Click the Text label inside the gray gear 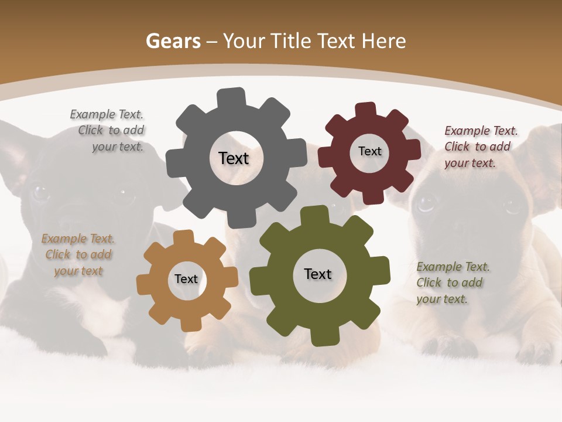234,158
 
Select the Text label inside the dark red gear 369,151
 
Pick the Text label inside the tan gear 186,280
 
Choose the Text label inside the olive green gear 318,274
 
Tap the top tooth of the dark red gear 365,111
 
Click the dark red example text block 479,147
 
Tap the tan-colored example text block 78,254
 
